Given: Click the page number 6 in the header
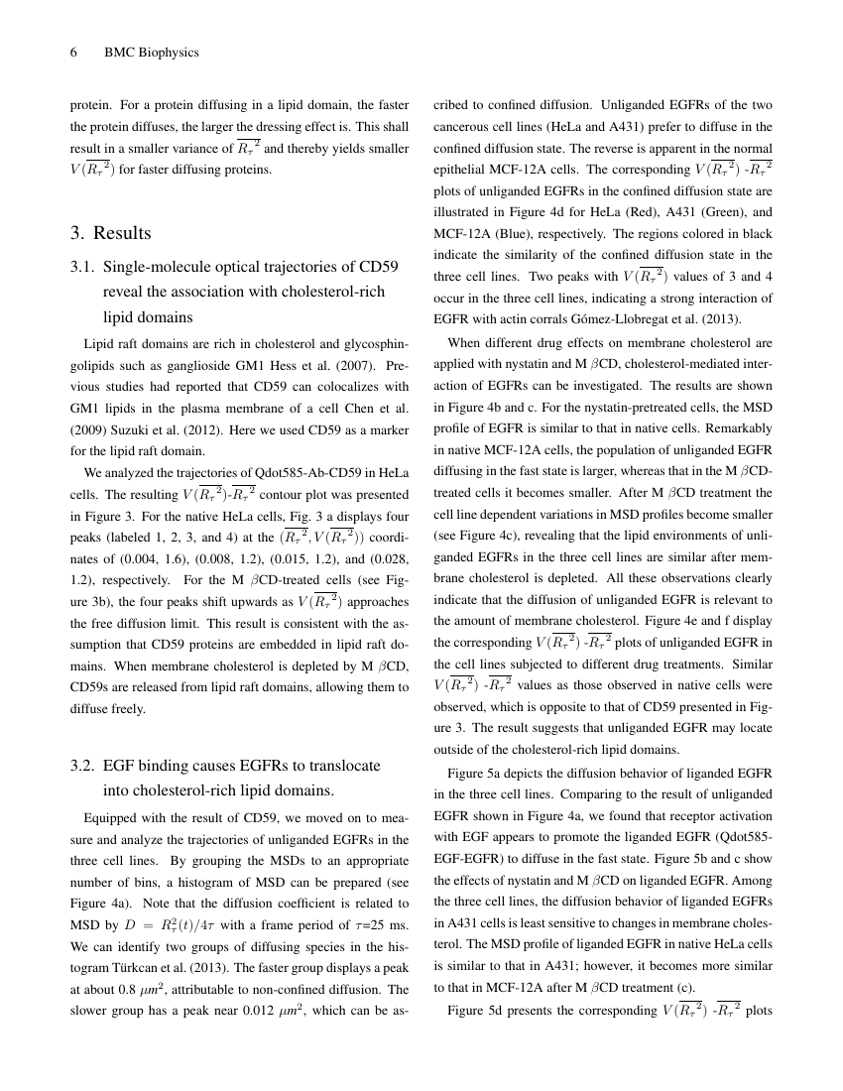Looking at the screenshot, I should click(73, 53).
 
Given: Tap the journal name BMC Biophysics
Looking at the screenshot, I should click(152, 53).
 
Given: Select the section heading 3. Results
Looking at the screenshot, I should click(110, 233).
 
